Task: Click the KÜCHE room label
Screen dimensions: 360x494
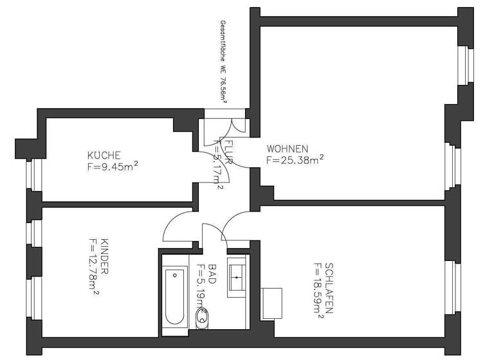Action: click(x=104, y=155)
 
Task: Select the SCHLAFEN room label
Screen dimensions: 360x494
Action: click(x=329, y=287)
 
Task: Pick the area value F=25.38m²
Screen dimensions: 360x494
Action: click(x=295, y=159)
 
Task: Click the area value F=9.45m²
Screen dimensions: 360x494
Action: click(x=113, y=166)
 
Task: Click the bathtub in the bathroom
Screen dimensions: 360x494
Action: click(x=175, y=298)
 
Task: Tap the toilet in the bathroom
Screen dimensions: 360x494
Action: click(x=202, y=315)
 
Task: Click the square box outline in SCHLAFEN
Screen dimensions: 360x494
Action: click(x=271, y=301)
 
